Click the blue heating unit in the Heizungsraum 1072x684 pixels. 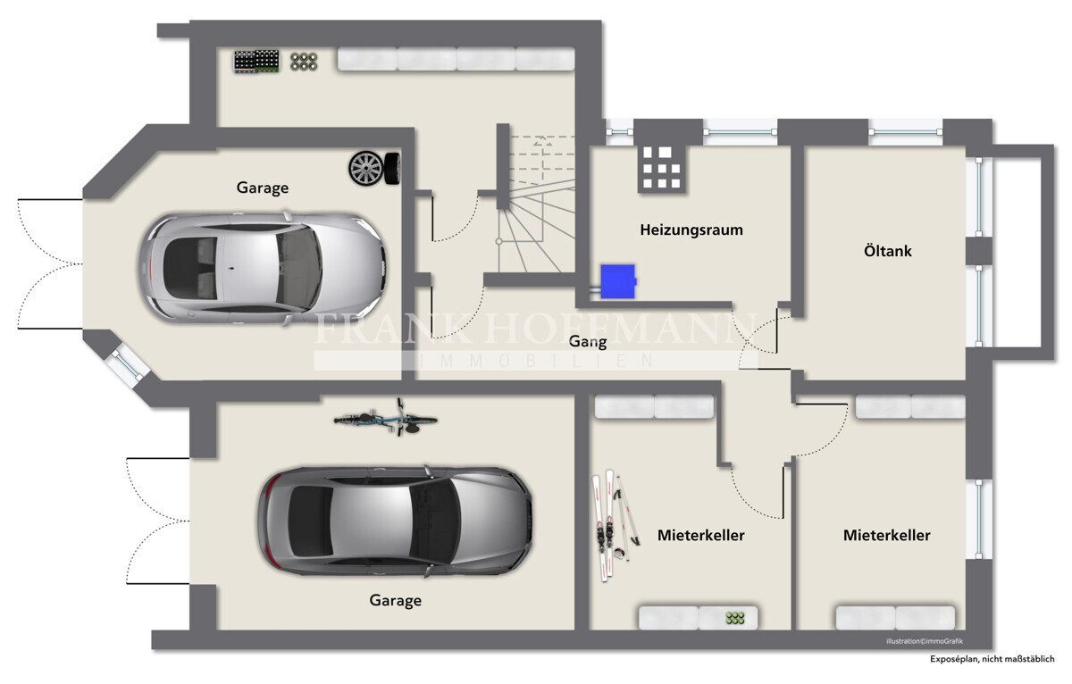click(618, 281)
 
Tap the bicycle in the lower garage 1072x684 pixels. click(386, 418)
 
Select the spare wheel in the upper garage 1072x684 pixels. click(374, 168)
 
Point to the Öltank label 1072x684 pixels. click(888, 251)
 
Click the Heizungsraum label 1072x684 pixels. click(691, 230)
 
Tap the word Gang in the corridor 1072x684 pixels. click(588, 341)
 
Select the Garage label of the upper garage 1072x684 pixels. click(263, 188)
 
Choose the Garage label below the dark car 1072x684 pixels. click(395, 600)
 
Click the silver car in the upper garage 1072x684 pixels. click(263, 268)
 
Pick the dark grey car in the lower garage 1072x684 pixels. click(395, 521)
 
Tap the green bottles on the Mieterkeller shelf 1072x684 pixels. click(735, 618)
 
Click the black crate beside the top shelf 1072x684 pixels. click(256, 62)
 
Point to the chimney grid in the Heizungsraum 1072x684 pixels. click(662, 169)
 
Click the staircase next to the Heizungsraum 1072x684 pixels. click(536, 204)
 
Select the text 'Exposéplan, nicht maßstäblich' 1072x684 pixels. click(992, 659)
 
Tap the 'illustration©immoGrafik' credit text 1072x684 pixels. click(925, 641)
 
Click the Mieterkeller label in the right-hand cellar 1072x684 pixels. click(887, 535)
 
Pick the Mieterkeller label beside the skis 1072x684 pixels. click(701, 535)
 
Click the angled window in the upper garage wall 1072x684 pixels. click(127, 365)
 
